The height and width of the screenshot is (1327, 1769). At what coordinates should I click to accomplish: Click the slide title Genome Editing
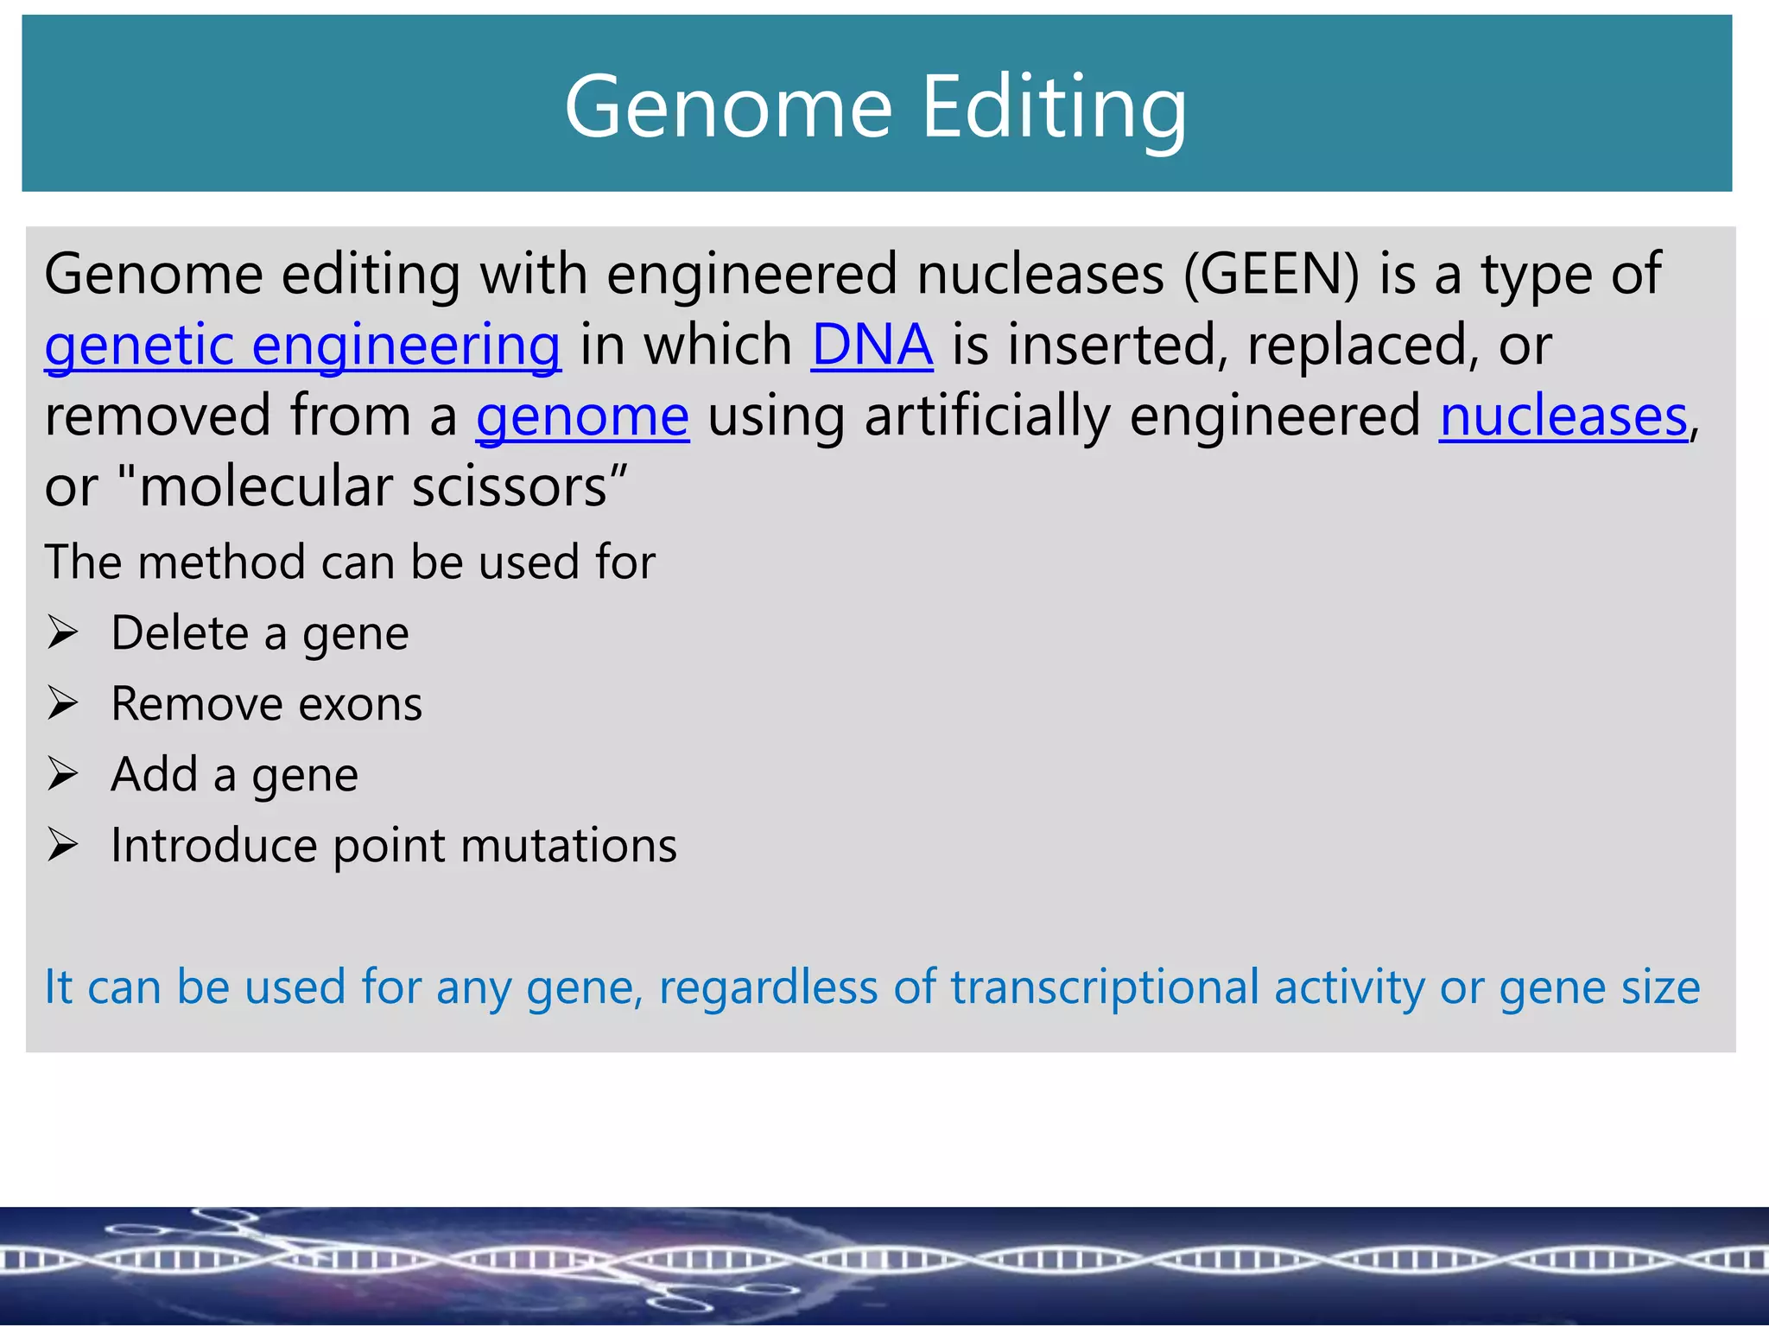click(x=876, y=105)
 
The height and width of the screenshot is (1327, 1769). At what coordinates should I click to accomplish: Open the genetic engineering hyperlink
click(x=302, y=346)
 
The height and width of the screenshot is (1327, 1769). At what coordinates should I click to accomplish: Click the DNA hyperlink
click(x=872, y=345)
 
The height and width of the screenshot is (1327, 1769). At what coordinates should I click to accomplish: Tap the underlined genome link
click(x=582, y=416)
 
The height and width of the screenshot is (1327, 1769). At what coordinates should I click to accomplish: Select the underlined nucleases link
click(x=1563, y=416)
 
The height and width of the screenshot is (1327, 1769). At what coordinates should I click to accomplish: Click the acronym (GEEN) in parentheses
click(x=1271, y=275)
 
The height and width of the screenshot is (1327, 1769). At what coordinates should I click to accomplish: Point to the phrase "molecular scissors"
click(x=371, y=487)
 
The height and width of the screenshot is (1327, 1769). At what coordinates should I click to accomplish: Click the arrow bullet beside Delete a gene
click(x=63, y=632)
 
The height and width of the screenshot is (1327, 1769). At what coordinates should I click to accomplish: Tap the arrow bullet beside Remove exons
click(x=63, y=703)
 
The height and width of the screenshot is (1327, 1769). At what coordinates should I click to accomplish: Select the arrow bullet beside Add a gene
click(x=63, y=774)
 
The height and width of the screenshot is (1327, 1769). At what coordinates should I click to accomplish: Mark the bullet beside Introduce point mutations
click(x=63, y=845)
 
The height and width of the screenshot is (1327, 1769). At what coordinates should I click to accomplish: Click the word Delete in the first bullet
click(x=180, y=633)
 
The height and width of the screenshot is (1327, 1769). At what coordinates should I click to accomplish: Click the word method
click(x=221, y=562)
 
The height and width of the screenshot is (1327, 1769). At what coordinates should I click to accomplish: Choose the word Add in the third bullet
click(x=155, y=774)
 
